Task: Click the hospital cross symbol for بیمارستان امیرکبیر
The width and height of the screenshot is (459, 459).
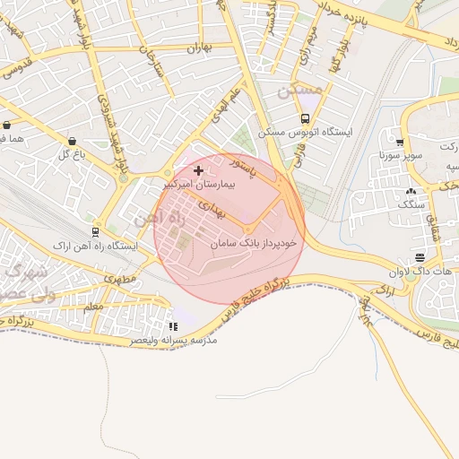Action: click(x=198, y=169)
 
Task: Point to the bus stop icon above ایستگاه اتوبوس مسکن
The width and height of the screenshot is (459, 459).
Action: click(x=305, y=118)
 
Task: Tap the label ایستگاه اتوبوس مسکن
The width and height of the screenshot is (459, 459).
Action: click(x=306, y=132)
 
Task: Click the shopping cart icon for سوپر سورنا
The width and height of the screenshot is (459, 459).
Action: click(x=399, y=142)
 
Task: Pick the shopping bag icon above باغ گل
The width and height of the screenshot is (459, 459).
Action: click(x=72, y=141)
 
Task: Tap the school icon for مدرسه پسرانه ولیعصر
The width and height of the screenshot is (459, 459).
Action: click(x=173, y=326)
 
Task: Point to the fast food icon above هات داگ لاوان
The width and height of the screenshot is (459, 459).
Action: click(x=420, y=257)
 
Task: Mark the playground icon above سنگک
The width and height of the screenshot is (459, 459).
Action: click(x=411, y=190)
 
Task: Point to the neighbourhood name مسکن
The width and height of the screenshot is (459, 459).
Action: click(x=299, y=91)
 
